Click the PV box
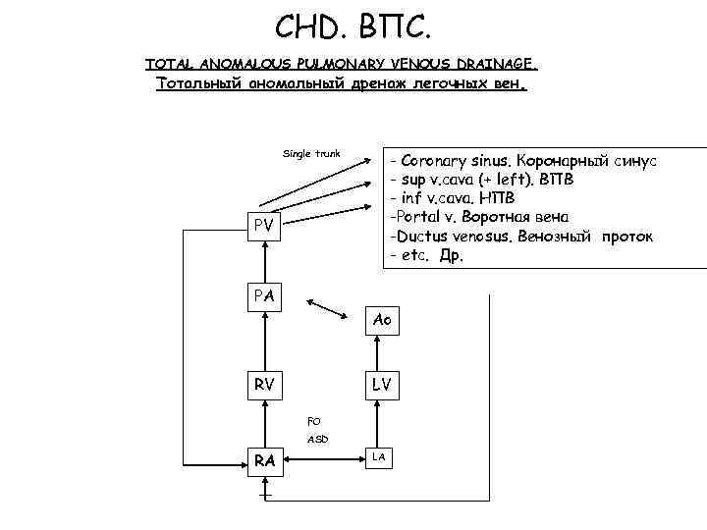coord(262,227)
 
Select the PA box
coord(262,295)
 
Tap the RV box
coord(263,384)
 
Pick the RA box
coord(262,460)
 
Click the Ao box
coord(383,321)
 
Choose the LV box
coord(382,384)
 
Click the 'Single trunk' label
coord(311,153)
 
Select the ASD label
coord(317,440)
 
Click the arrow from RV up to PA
coord(262,340)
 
